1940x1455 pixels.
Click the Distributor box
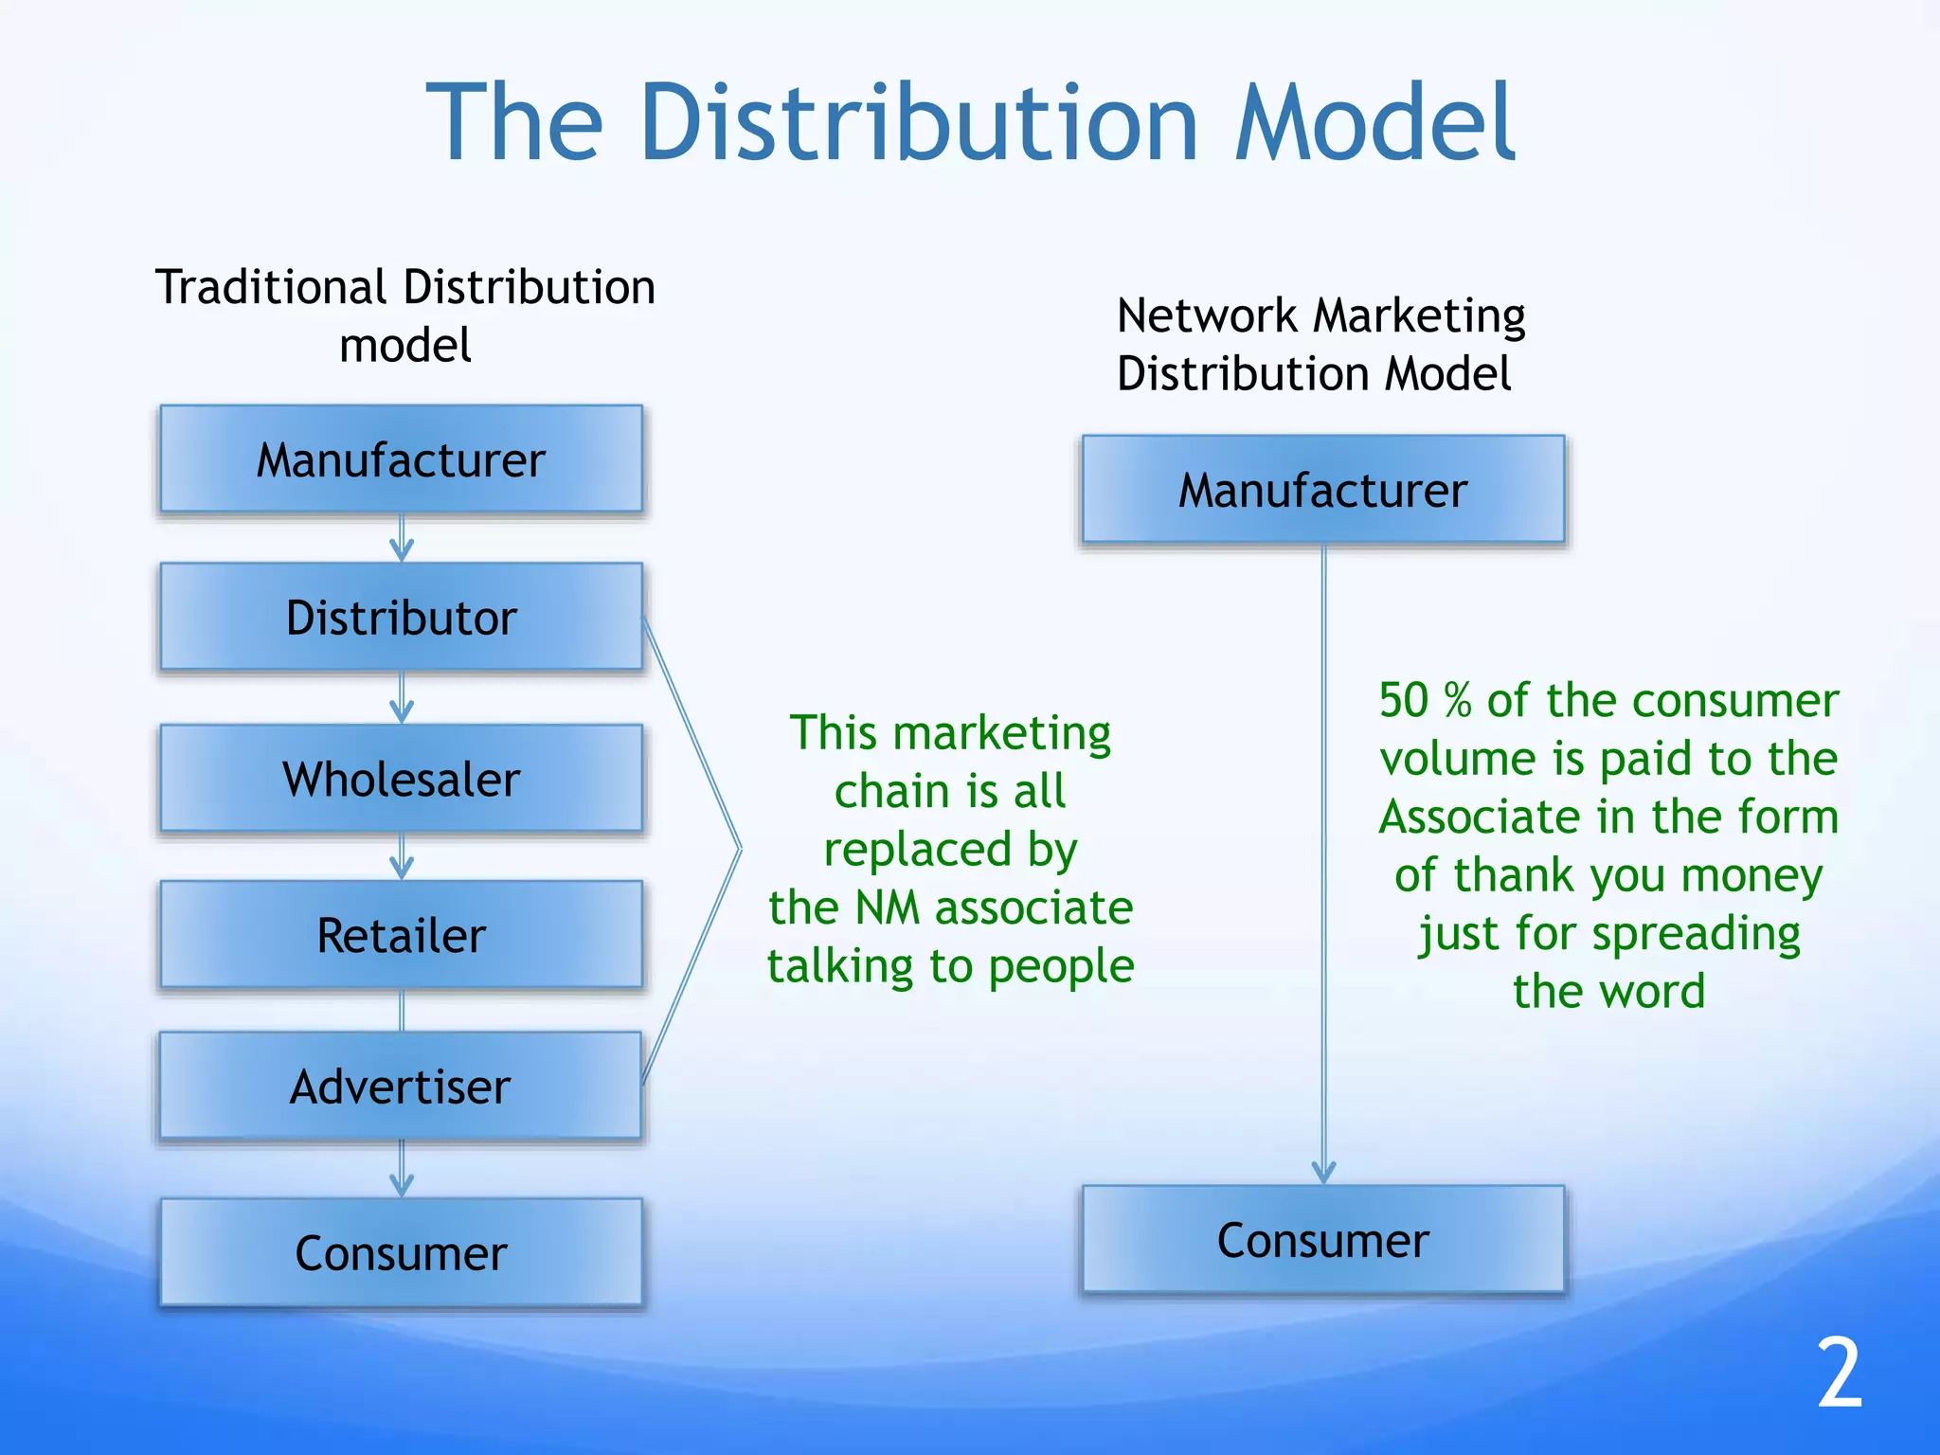coord(401,618)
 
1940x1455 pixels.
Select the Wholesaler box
coord(401,779)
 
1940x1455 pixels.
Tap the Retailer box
coord(401,935)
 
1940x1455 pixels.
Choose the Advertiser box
coord(401,1086)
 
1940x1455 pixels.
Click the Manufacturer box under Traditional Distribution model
coord(401,459)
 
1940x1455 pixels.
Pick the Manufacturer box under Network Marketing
coord(1322,490)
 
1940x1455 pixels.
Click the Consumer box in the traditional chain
coord(401,1252)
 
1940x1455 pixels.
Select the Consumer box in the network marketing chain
coord(1322,1240)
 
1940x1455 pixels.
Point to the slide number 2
coord(1839,1373)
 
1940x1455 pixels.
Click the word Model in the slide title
coord(1374,123)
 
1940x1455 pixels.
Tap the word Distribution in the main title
coord(919,123)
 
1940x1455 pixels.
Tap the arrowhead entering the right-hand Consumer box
coord(1323,1173)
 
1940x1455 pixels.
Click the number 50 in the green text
coord(1403,701)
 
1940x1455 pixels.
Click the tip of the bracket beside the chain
coord(739,850)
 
